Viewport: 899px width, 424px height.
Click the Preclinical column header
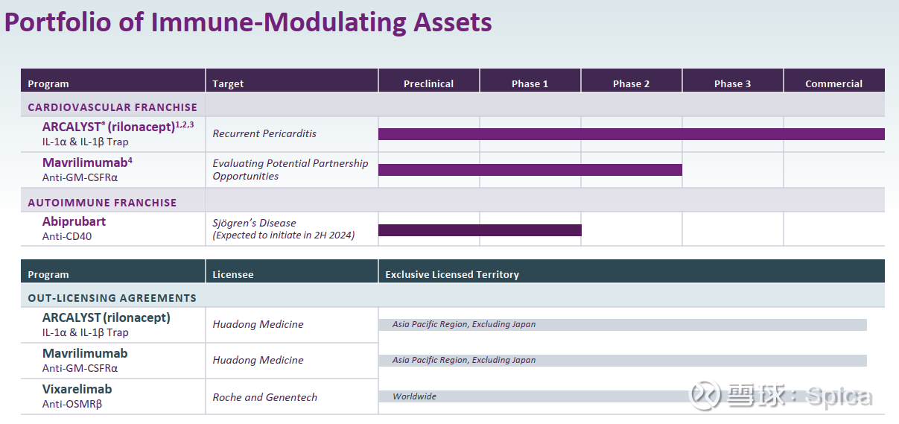[428, 83]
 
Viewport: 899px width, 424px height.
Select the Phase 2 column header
[631, 83]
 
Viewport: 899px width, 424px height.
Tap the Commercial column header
[833, 83]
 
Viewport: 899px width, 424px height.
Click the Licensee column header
[233, 274]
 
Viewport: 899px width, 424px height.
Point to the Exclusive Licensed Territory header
[452, 274]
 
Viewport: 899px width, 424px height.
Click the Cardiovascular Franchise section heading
[112, 107]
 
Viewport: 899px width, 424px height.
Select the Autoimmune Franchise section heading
[102, 203]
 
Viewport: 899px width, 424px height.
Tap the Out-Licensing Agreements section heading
[112, 298]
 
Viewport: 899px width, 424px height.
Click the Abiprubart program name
[74, 221]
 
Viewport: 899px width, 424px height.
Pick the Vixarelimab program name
[77, 389]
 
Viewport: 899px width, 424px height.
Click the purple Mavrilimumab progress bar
[530, 170]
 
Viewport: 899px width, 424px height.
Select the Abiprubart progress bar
[480, 230]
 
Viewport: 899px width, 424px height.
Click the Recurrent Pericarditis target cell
[264, 133]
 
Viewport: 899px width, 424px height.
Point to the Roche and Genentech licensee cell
[264, 397]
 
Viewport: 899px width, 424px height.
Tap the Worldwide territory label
[414, 396]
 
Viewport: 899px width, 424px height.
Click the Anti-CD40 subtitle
[67, 236]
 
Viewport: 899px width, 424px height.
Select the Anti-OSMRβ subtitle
[72, 404]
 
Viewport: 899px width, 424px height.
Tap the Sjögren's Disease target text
[254, 223]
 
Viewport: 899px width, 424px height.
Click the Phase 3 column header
[732, 83]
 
